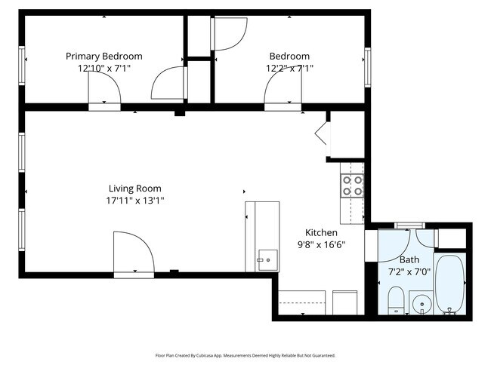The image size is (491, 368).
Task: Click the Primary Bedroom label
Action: [103, 56]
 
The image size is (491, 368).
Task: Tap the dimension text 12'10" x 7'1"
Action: [103, 68]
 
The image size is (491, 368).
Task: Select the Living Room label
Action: [134, 189]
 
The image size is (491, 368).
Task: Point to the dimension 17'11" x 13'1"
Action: [134, 201]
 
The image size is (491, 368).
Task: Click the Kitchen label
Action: [321, 232]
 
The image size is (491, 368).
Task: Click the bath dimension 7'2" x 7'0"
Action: [409, 271]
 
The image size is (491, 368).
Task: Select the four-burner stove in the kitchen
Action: [352, 186]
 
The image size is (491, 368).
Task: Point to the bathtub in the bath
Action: [451, 284]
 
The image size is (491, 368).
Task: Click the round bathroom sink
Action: [422, 305]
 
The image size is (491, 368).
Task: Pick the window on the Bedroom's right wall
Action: [367, 66]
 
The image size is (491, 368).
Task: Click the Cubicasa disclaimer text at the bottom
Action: [245, 355]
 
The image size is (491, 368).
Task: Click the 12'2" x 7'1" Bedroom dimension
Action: [289, 68]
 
